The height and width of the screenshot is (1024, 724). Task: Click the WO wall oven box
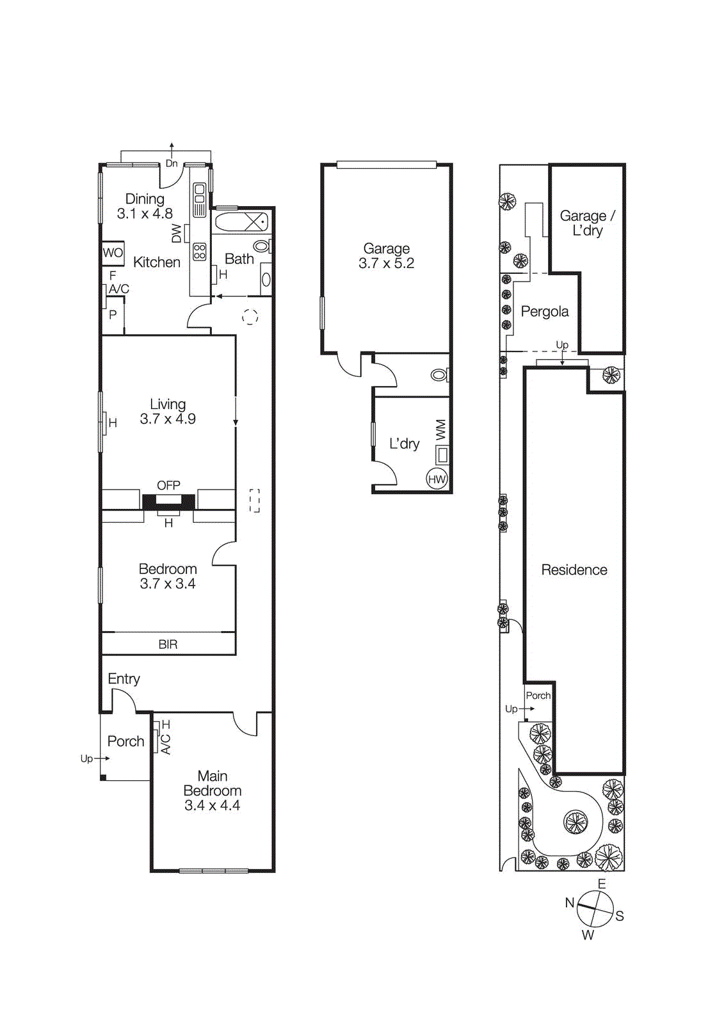pos(113,253)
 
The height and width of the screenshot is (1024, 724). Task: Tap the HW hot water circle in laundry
pos(437,479)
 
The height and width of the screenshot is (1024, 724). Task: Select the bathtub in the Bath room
pos(241,222)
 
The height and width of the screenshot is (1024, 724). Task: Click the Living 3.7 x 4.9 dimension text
pos(168,419)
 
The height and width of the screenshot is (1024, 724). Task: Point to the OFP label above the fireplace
pos(168,486)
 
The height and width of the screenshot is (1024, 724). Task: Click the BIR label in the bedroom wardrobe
pos(168,644)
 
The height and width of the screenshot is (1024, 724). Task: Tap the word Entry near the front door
pos(124,679)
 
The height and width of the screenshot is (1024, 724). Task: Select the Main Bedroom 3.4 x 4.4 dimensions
pos(212,806)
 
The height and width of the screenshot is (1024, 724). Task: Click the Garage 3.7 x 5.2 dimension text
pos(386,263)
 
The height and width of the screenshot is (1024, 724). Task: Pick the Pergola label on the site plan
pos(544,312)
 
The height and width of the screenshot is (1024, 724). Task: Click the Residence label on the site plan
pos(574,570)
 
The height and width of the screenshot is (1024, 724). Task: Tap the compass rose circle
pos(595,908)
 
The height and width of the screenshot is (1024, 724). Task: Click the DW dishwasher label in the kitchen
pos(177,234)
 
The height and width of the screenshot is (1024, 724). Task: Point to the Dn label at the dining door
pos(172,164)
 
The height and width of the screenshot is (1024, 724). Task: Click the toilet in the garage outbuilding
pos(440,374)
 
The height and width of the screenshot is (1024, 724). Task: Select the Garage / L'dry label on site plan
pos(587,223)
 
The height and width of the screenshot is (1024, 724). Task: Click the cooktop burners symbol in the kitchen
pos(200,252)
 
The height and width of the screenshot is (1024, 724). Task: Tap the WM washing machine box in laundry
pos(442,455)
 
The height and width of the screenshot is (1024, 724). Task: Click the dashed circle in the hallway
pos(250,316)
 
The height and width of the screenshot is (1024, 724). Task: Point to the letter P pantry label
pos(113,315)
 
